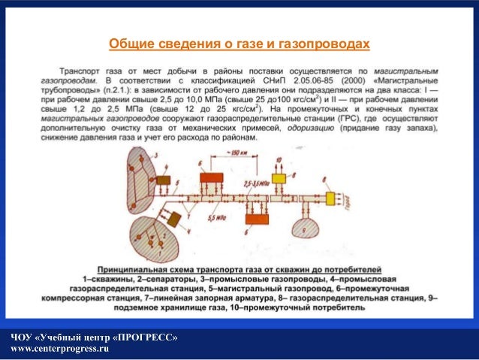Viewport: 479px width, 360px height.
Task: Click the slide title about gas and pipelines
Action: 239,44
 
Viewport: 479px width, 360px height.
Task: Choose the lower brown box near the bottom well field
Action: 176,219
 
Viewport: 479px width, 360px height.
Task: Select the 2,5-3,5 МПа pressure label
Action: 256,183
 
